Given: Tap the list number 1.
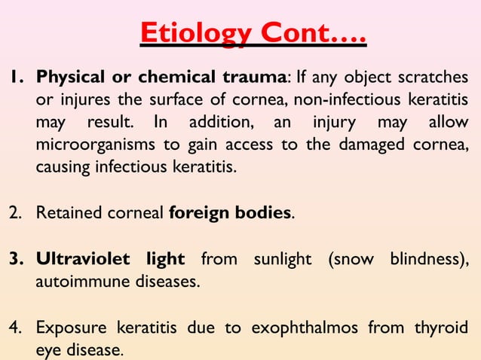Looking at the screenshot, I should point(14,78).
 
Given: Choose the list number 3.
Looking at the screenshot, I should point(14,259).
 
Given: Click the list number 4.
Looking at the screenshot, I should point(14,328).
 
